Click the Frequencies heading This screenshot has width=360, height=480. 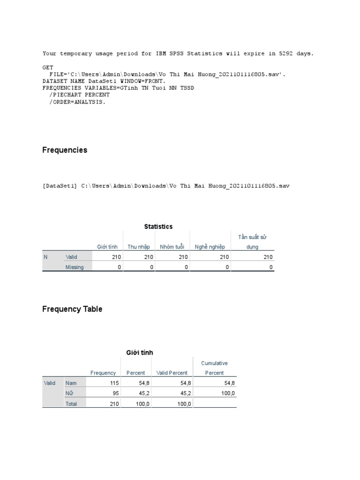65,150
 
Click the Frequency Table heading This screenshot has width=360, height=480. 72,309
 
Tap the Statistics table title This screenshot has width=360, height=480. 158,227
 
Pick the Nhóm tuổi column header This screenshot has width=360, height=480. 172,247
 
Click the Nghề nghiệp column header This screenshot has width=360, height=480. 210,247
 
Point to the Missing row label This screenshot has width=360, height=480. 75,267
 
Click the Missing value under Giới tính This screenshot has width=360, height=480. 119,267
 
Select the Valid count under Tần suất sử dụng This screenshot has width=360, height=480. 268,257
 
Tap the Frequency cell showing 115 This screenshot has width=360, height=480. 114,383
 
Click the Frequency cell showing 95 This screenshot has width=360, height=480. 115,393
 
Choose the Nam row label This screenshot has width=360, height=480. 71,383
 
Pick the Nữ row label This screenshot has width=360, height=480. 69,393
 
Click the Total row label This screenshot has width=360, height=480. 71,404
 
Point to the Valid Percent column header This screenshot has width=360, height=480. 172,373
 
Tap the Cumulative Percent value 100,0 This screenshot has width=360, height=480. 228,393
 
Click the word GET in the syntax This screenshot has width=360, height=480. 48,67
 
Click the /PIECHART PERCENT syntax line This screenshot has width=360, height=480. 79,95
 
